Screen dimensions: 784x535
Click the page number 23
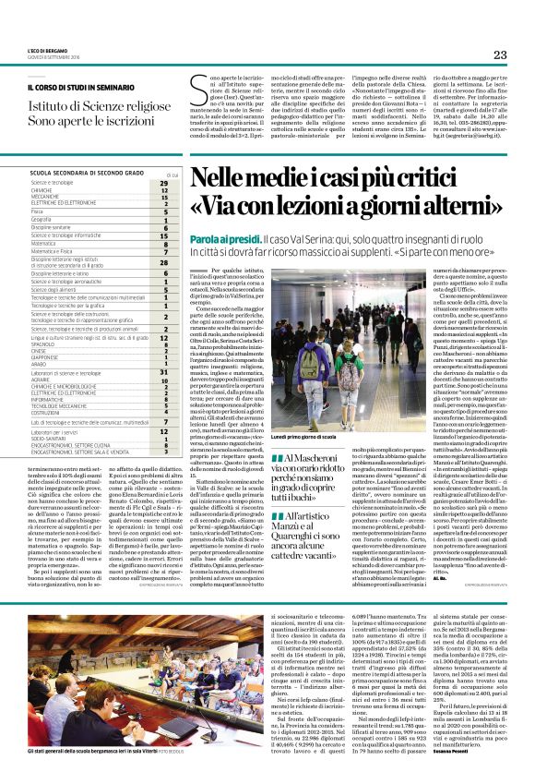tap(500, 54)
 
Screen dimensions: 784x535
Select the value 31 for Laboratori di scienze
tap(163, 372)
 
